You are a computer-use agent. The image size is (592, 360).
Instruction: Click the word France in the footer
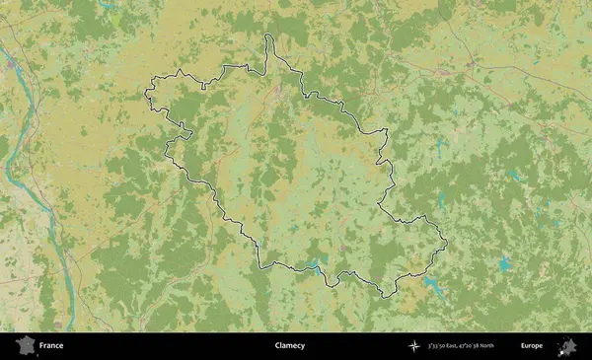click(x=50, y=346)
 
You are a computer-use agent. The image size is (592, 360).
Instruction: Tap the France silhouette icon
click(x=22, y=346)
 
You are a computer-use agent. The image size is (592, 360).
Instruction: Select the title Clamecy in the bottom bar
click(x=289, y=346)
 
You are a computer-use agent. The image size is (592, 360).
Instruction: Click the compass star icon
click(x=413, y=346)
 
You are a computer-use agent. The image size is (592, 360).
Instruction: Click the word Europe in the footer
click(x=532, y=346)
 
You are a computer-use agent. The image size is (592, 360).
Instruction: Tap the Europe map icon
click(x=567, y=346)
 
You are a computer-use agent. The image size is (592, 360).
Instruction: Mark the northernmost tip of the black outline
click(x=267, y=36)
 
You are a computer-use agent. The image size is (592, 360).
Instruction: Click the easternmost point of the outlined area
click(x=447, y=242)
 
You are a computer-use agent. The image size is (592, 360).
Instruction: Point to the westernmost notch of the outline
click(x=146, y=96)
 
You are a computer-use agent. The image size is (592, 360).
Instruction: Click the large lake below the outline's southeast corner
click(x=434, y=286)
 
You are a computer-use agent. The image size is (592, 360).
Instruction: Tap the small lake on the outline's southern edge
click(x=318, y=264)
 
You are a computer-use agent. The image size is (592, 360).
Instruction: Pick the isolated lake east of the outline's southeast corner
click(x=505, y=263)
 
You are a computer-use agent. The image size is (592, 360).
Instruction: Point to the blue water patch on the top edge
click(x=109, y=5)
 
